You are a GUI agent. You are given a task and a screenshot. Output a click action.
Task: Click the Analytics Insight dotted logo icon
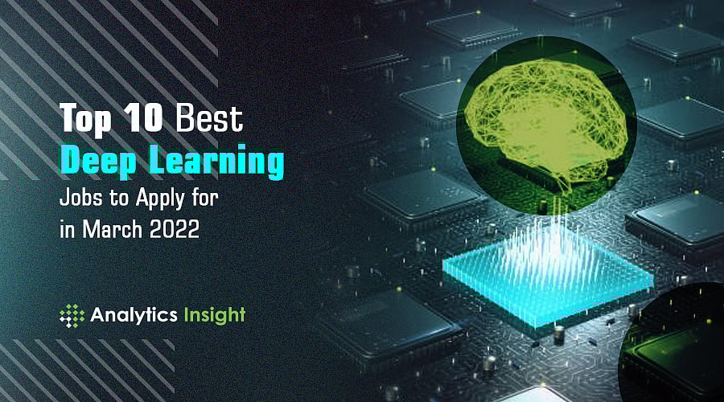pyautogui.click(x=72, y=316)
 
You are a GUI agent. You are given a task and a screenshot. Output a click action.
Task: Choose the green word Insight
pyautogui.click(x=215, y=315)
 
